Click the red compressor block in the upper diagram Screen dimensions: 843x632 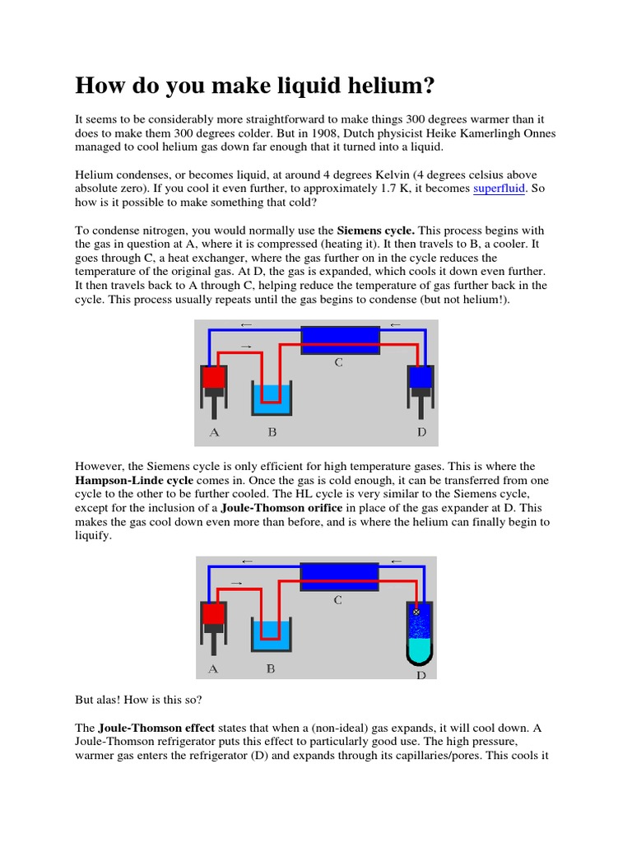coord(214,377)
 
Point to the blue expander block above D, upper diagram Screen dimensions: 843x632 coord(421,376)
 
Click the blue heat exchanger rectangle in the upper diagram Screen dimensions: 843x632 coord(339,339)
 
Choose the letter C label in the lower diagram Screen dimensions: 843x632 coord(337,601)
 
